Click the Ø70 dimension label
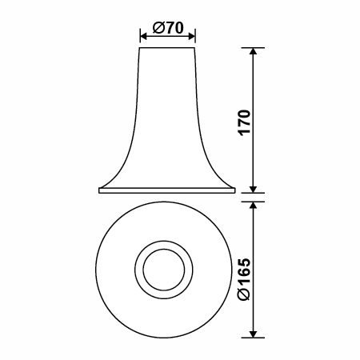coord(168,27)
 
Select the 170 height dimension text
coord(245,122)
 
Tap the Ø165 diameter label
coord(245,279)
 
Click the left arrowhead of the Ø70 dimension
coord(143,36)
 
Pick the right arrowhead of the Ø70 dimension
coord(192,36)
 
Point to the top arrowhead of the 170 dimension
coord(254,51)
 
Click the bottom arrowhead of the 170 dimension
coord(254,189)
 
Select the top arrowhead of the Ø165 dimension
coord(254,205)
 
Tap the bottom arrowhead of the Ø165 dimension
coord(254,334)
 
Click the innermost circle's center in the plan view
coord(164,270)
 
